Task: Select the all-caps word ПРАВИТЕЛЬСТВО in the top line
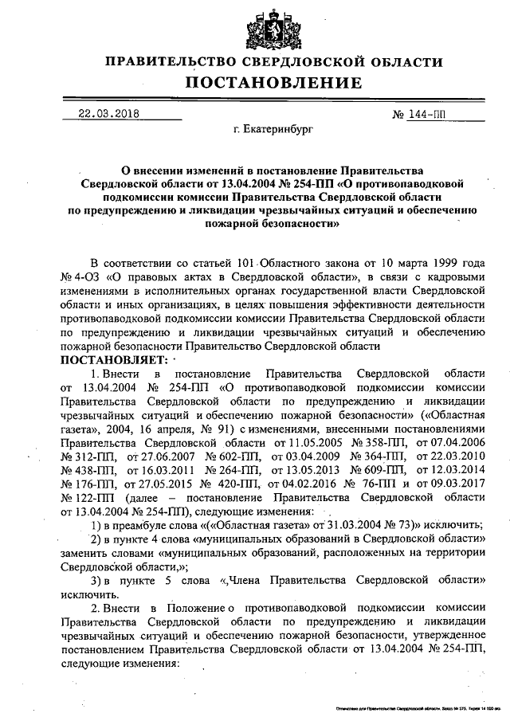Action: coord(163,62)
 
